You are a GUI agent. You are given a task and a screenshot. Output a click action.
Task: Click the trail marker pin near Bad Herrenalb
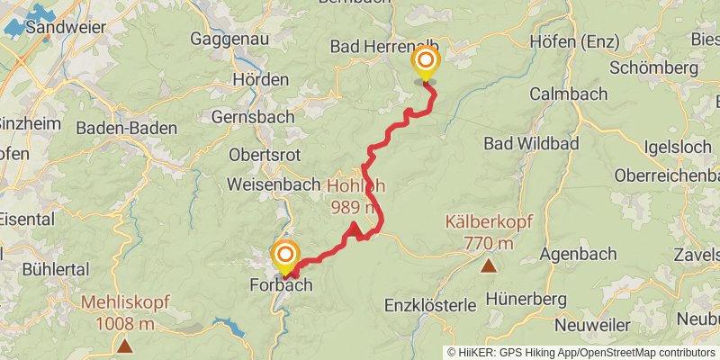click(x=425, y=63)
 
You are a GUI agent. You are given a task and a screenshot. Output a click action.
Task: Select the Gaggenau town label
click(x=225, y=39)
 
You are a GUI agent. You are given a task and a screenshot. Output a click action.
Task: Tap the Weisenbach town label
click(x=274, y=184)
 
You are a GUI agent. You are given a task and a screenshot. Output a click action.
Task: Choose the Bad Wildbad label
click(x=531, y=143)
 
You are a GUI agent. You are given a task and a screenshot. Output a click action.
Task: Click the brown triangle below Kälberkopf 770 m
click(x=489, y=265)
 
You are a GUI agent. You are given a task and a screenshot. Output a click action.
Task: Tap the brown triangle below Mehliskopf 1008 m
click(x=124, y=345)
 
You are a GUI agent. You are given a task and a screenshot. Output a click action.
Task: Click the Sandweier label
click(x=61, y=28)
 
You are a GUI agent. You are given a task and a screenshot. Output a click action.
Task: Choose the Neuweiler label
click(x=598, y=324)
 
